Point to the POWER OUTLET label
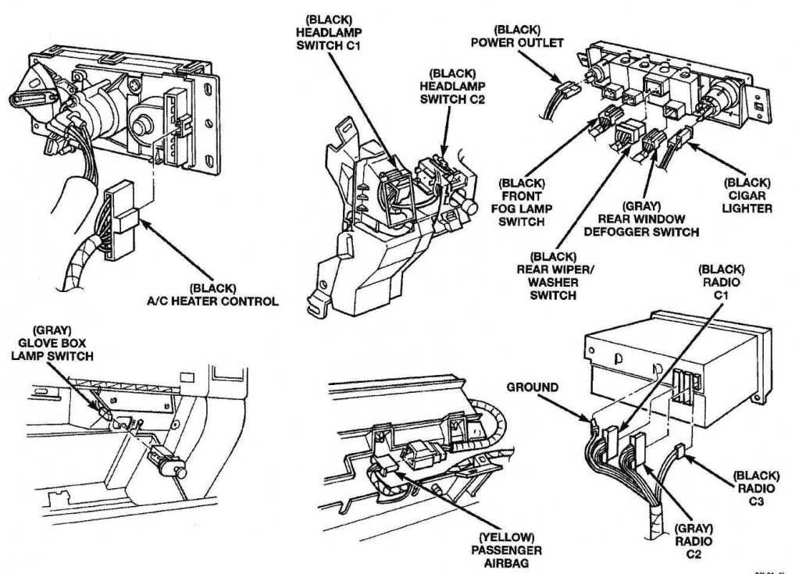(x=516, y=37)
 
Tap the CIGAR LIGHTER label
(x=747, y=195)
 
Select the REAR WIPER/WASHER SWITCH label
(x=553, y=276)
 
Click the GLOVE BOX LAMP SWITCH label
(x=52, y=344)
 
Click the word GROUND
(x=532, y=387)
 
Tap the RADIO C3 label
(x=755, y=487)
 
